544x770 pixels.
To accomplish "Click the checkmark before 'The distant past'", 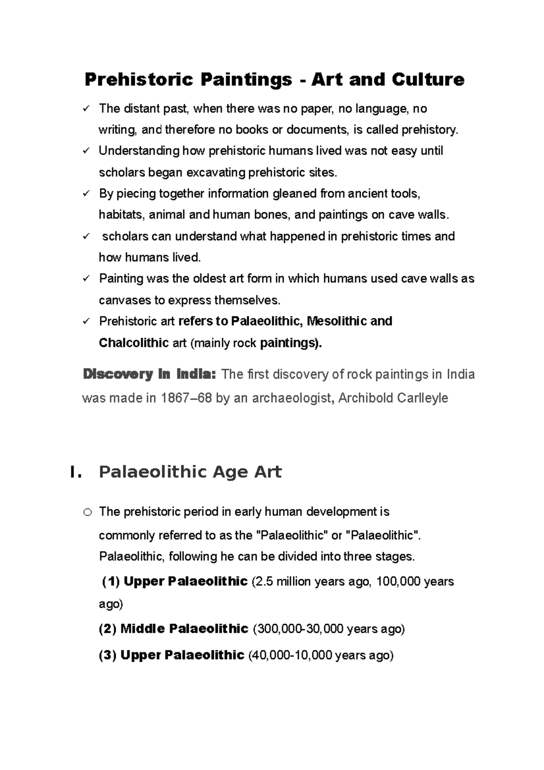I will pos(87,108).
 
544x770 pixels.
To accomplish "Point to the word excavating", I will pos(216,173).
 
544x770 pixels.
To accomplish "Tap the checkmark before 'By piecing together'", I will pos(87,194).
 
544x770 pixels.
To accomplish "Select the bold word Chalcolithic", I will pos(134,343).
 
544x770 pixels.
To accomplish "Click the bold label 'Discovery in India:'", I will pos(147,375).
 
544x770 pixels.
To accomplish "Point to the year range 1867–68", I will pos(185,398).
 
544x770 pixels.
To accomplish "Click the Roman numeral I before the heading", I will pos(75,472).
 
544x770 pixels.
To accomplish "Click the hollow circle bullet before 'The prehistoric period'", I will pos(87,512).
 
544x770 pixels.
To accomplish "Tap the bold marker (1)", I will pos(111,581).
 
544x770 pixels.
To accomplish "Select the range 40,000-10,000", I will pos(291,655).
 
